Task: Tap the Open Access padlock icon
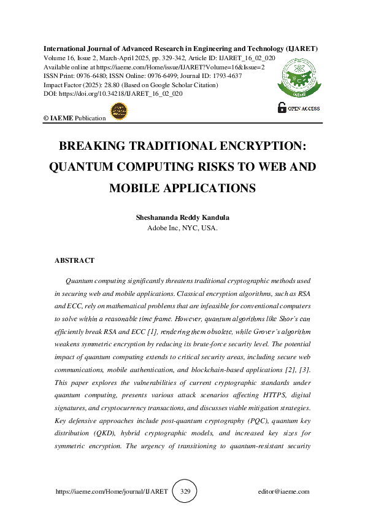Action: (x=282, y=107)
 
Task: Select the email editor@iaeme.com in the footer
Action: (x=284, y=492)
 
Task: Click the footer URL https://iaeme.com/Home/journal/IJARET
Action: (x=111, y=492)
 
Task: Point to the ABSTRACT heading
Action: (x=74, y=260)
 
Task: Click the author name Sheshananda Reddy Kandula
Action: (x=182, y=218)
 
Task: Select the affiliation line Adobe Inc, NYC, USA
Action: (x=182, y=228)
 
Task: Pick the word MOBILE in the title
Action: (x=138, y=188)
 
